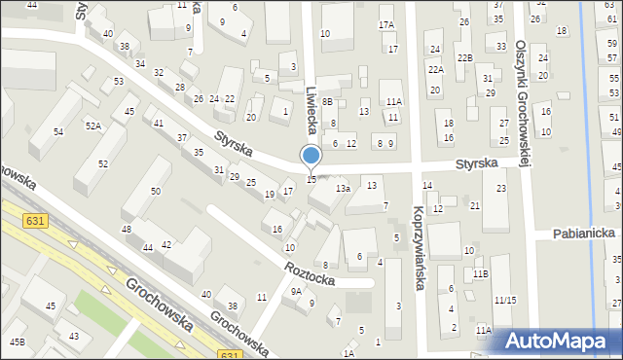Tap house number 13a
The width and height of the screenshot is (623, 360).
343,188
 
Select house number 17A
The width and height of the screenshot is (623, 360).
386,24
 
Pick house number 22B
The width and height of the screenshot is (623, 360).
464,58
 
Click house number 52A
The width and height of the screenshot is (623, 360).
92,126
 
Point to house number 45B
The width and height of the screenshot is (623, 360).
18,342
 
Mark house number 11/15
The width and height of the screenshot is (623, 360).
504,300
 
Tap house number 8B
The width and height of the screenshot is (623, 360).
328,101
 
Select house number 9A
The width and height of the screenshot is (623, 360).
296,290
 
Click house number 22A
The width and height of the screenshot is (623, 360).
435,69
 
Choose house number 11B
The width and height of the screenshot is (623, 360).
480,273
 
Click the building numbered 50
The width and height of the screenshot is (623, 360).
156,191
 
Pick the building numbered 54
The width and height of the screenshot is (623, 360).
58,131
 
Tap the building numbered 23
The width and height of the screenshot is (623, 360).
500,188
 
